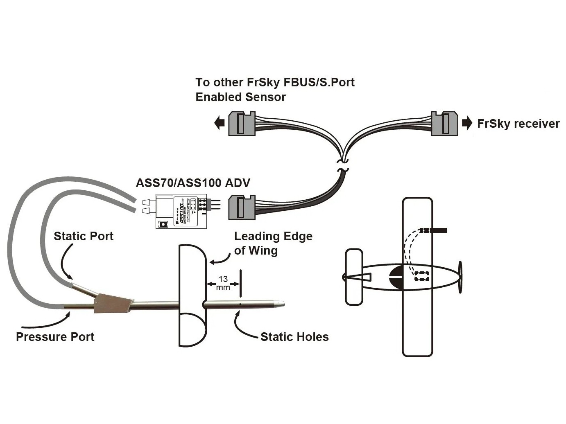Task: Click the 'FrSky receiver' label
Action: (518, 124)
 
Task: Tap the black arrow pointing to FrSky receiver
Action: (467, 123)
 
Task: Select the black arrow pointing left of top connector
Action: (220, 122)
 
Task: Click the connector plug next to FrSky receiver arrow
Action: (444, 123)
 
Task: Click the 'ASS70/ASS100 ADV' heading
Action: (192, 183)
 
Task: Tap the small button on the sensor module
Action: (163, 224)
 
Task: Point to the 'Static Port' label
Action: (83, 236)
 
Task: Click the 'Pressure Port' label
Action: (55, 337)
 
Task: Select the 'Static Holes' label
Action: (294, 337)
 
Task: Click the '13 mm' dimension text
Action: (223, 283)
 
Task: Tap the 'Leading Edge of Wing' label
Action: (273, 243)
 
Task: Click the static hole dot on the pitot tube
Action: (240, 304)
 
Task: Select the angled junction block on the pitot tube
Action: (113, 304)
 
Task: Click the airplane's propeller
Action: (460, 277)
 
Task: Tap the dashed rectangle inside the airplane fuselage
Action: (422, 276)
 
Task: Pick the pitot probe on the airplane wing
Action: (434, 231)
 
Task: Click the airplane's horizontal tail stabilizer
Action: (354, 277)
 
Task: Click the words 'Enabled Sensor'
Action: (240, 97)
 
